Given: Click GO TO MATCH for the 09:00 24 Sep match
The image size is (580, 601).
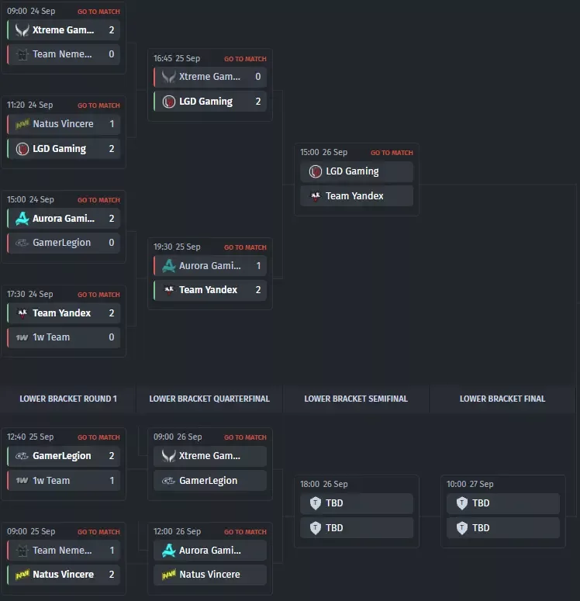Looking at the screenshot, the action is pos(98,12).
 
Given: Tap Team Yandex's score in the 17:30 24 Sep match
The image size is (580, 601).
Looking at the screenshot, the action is pos(112,313).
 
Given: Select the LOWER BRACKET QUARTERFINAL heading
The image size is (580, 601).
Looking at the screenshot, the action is pos(209,399).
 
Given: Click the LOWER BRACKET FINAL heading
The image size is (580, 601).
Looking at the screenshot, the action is pos(502,399).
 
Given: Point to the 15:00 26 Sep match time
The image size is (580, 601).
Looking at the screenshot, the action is pos(323,152).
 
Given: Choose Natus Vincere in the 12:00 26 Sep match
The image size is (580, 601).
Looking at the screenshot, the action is pos(209,574).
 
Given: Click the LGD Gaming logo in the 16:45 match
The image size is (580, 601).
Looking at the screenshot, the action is pos(169,102).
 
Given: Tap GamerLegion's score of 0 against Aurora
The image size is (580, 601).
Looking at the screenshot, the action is pos(112,243).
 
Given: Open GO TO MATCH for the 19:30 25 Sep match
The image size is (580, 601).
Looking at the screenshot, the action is pos(245,247).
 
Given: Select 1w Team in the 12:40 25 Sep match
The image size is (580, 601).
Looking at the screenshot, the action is pos(51,480).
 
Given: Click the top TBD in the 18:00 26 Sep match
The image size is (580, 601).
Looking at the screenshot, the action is pos(334,503).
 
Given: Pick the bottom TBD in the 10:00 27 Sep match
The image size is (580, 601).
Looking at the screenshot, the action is pos(481,528).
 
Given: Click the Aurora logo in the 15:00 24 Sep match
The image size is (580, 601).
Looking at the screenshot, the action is pos(22,219).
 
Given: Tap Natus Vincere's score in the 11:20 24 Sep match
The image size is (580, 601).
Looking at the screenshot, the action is pos(112,124).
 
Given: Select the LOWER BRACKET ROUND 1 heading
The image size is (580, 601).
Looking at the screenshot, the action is pos(68,399).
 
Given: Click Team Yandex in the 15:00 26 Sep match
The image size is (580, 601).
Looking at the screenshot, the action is pos(354,196).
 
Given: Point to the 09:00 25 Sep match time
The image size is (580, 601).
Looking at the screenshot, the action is pos(31,531).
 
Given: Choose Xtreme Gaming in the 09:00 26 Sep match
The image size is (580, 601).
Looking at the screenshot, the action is pos(209,456).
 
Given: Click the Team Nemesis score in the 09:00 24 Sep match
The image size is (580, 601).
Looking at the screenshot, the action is pos(112,54).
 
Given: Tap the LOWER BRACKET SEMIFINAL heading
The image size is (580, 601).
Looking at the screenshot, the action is pos(356,399).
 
